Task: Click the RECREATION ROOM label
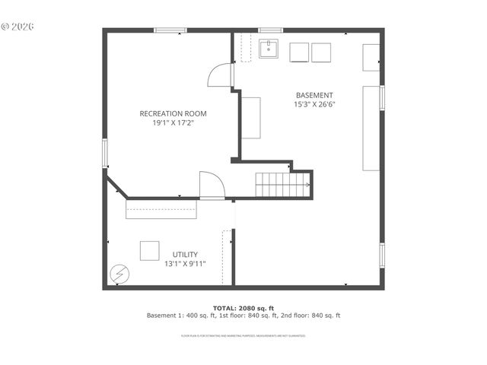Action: coord(173,113)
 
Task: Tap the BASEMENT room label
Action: coord(314,96)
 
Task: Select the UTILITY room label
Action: coord(185,254)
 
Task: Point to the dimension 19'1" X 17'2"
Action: coord(173,123)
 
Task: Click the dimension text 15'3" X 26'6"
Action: coord(314,105)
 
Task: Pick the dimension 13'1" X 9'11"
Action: coord(185,264)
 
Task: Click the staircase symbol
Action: coord(283,185)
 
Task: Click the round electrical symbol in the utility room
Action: coord(119,274)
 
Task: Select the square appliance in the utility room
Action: coord(149,251)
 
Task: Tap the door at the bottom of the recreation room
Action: coord(211,186)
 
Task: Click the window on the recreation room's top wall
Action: coord(170,30)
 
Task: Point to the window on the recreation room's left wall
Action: coord(106,151)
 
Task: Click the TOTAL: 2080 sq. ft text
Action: coord(243,308)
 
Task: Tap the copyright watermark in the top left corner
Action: coord(18,26)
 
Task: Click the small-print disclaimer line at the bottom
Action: coord(243,335)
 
